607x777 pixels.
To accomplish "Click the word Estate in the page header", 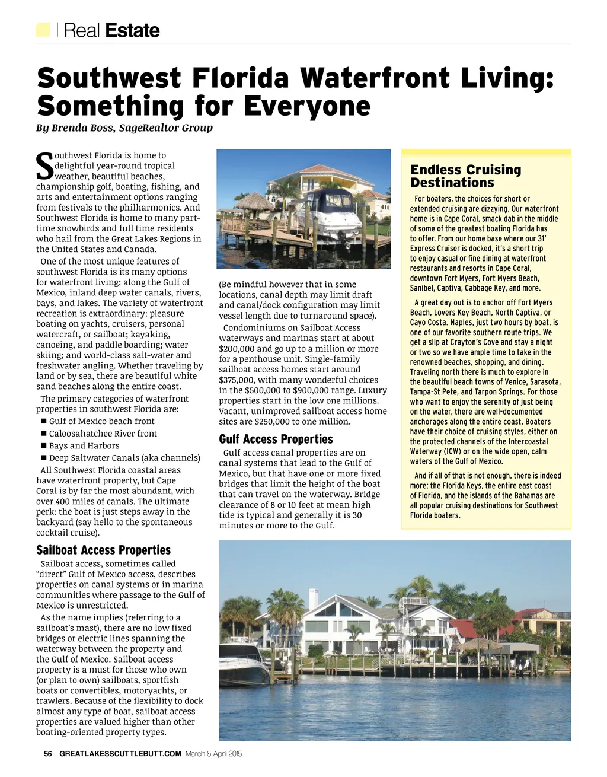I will [x=132, y=30].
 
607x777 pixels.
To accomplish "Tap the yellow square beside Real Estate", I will [x=43, y=30].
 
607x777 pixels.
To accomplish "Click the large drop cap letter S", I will [x=44, y=167].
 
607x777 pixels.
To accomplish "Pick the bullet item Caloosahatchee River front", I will [x=103, y=434].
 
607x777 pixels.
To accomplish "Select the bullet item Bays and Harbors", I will [x=84, y=445].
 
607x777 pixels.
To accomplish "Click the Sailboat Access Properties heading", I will [x=103, y=550].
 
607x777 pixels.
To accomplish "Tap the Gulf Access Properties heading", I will [x=276, y=439].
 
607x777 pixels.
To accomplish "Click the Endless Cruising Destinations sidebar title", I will [x=465, y=176].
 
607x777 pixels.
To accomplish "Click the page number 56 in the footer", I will [x=48, y=754].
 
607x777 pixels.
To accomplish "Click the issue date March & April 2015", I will [x=214, y=754].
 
